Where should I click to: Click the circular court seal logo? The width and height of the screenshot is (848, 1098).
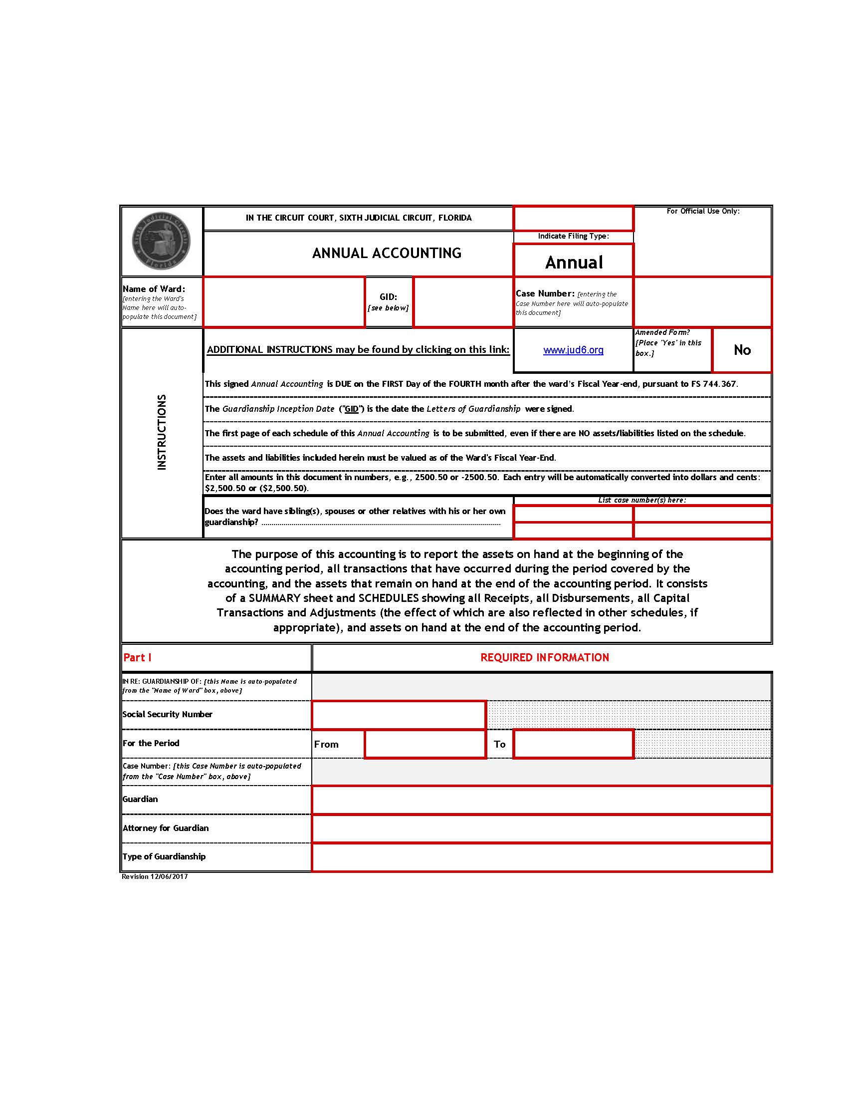click(x=161, y=242)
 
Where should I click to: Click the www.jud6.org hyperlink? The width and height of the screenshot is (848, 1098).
click(x=573, y=350)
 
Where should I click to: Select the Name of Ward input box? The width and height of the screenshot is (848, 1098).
click(x=284, y=302)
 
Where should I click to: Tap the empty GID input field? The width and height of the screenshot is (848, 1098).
click(x=463, y=302)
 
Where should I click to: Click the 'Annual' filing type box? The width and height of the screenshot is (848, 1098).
click(x=573, y=262)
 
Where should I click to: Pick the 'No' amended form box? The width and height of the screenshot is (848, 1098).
click(x=741, y=350)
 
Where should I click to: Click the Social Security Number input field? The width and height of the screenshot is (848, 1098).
click(x=399, y=715)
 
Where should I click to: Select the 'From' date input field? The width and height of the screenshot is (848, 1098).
click(x=425, y=744)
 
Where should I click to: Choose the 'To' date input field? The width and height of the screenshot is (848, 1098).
click(x=573, y=744)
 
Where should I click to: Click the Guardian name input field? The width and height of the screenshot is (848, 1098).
click(x=542, y=800)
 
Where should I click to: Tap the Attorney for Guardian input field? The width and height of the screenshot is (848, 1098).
click(x=542, y=828)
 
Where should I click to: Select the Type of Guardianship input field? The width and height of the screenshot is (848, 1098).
click(x=542, y=857)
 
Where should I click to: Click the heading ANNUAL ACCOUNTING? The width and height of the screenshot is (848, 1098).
click(x=386, y=253)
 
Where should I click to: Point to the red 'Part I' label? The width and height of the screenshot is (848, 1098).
click(x=137, y=658)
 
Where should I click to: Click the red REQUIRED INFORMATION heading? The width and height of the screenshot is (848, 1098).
click(x=545, y=658)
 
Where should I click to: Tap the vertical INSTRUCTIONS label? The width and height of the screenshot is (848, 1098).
click(x=161, y=432)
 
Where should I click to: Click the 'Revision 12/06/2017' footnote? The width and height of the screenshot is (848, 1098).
click(x=155, y=877)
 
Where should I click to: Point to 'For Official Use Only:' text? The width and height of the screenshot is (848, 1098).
click(x=703, y=211)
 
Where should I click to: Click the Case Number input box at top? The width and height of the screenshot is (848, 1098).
click(x=702, y=302)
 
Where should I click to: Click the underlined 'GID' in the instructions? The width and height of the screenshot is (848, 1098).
click(x=351, y=409)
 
